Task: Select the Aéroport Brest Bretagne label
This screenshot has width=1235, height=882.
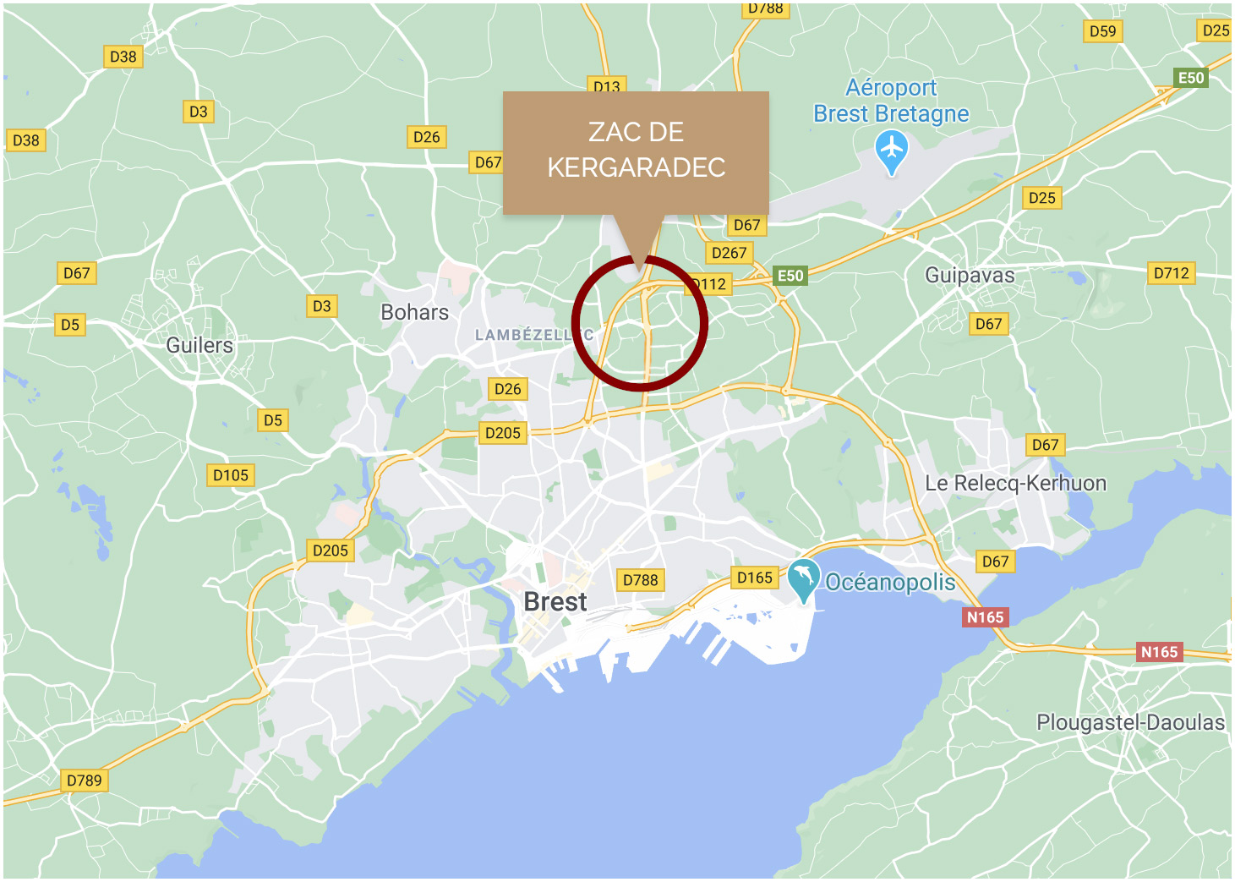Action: pos(891,101)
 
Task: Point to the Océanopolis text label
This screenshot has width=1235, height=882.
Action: pos(890,582)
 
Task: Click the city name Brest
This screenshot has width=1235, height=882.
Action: pos(555,602)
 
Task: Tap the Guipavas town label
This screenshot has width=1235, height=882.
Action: pos(970,275)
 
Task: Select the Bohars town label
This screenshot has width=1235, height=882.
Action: pos(414,312)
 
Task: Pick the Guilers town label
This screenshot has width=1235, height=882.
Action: pos(199,345)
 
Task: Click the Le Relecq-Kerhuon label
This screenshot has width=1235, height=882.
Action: pos(1015,484)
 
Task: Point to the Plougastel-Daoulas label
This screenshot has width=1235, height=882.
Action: pos(1130,722)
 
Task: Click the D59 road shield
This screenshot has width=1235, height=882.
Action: pos(1102,31)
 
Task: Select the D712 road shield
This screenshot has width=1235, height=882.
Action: pos(1171,273)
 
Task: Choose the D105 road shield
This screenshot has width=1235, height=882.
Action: pos(231,475)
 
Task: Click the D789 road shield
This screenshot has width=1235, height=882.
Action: pos(84,780)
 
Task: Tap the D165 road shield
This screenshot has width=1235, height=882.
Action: pos(754,578)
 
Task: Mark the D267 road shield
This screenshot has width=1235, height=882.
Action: pos(729,253)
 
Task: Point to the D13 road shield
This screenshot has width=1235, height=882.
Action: pos(606,85)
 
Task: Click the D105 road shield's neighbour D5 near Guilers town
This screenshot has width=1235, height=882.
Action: pos(272,420)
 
